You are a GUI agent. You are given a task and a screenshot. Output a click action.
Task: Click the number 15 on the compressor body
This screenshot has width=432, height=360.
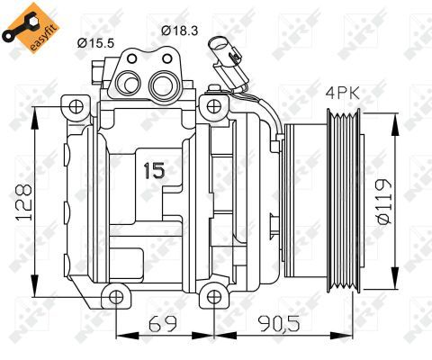pos(155,169)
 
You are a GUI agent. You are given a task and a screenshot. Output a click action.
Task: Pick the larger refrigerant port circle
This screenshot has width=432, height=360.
pos(162,86)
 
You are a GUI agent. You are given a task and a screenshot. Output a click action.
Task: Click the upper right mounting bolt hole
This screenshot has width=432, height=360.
pos(212,108)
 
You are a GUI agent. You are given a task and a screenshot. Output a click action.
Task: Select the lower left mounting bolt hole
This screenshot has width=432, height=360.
pos(112,296)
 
